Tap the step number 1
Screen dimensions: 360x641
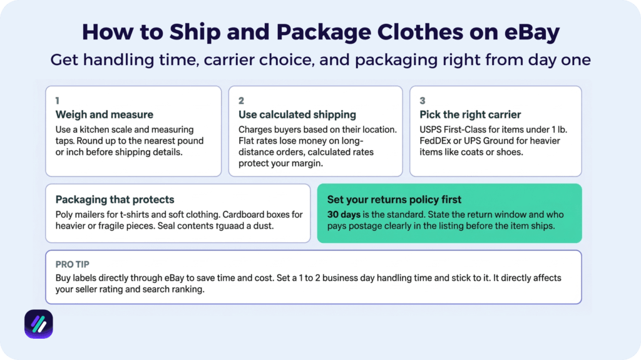[58, 100]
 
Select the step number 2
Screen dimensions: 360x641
[241, 100]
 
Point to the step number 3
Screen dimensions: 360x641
[423, 100]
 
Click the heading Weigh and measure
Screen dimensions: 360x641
[104, 115]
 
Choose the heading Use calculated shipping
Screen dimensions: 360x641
[297, 115]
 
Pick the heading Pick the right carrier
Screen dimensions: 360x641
[470, 115]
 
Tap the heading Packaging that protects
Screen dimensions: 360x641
[115, 200]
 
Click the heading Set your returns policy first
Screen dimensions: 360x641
[394, 200]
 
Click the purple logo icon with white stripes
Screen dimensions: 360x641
[39, 324]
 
